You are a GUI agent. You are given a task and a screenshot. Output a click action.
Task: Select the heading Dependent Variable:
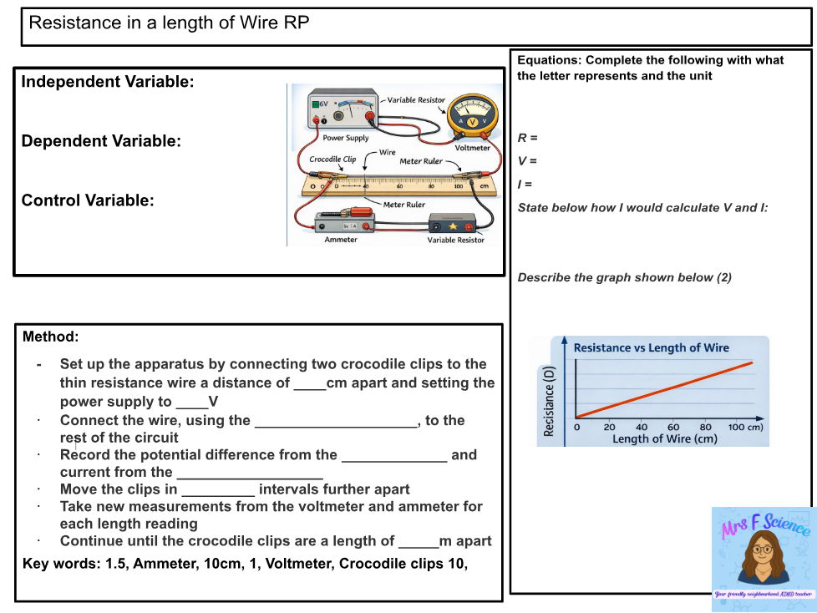click(x=101, y=141)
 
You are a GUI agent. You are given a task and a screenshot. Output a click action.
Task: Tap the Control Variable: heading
click(x=88, y=200)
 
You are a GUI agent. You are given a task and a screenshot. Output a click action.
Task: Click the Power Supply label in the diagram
click(x=345, y=138)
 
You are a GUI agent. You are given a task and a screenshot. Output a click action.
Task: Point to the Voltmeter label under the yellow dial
click(x=472, y=148)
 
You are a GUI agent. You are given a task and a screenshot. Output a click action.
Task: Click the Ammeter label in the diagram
click(x=340, y=240)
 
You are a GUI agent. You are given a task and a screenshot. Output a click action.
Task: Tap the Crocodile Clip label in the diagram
click(x=332, y=159)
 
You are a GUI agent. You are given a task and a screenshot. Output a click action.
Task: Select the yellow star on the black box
click(x=452, y=225)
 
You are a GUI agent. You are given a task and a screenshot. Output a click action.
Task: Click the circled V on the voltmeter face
click(x=472, y=122)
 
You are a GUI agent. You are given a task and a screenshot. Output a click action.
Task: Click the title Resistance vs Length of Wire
click(x=651, y=347)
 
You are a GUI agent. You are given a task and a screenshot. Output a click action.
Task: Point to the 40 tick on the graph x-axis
click(x=642, y=428)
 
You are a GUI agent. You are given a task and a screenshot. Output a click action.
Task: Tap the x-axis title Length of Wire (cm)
click(x=664, y=438)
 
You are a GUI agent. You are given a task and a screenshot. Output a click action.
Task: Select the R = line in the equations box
click(x=527, y=138)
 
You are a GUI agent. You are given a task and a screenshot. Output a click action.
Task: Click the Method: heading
click(x=50, y=337)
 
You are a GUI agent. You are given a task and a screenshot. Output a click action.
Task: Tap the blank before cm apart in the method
click(x=309, y=383)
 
